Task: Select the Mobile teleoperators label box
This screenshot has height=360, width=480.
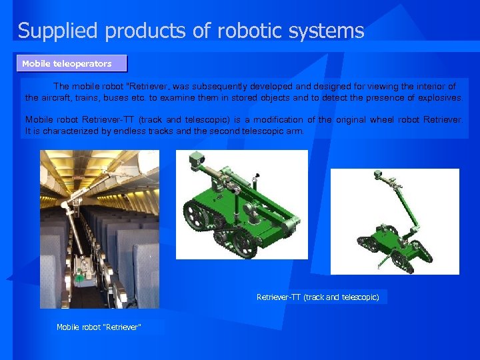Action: point(72,64)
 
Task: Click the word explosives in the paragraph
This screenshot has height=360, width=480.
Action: point(439,98)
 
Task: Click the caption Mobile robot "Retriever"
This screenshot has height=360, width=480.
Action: point(99,327)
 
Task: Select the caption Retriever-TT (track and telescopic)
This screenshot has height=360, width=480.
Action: point(317,297)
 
